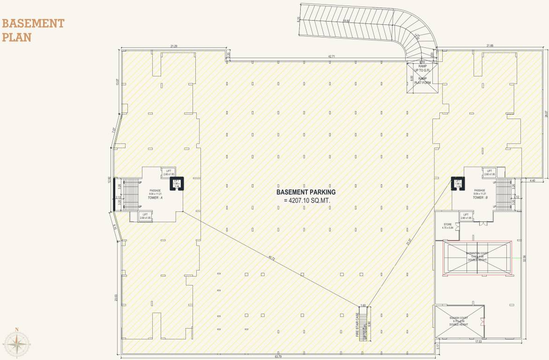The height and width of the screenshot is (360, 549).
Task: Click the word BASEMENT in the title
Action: (x=33, y=23)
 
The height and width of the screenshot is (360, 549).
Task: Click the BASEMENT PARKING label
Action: (x=306, y=192)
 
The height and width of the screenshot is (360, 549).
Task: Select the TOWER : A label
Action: (x=155, y=198)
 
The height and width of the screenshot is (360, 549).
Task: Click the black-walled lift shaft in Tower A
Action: (x=177, y=183)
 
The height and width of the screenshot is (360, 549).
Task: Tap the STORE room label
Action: (x=447, y=225)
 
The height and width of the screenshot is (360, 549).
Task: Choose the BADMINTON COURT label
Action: (x=477, y=253)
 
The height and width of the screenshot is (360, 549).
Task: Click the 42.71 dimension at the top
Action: (x=332, y=56)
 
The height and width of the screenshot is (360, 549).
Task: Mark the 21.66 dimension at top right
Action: (x=490, y=45)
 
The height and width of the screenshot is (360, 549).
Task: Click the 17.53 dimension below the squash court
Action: (x=478, y=342)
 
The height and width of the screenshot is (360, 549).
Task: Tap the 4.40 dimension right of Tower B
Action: (x=533, y=180)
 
